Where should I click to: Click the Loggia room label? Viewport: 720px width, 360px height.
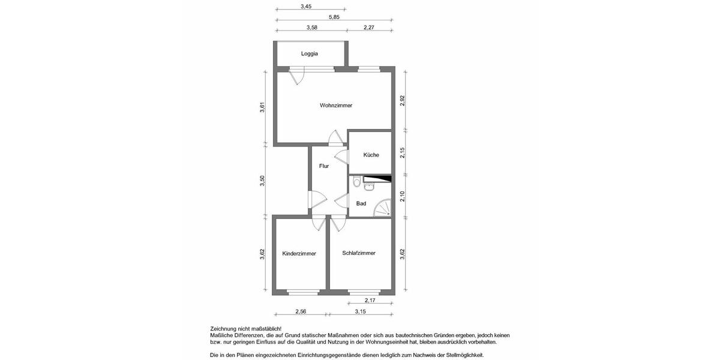(x=310, y=53)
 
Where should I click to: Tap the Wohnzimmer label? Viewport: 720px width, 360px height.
(x=336, y=105)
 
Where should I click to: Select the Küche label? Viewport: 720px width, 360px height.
(x=371, y=155)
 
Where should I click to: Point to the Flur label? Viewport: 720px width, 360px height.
(x=324, y=166)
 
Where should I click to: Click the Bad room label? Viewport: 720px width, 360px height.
(x=361, y=203)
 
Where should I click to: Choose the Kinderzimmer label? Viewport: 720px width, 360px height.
(x=299, y=253)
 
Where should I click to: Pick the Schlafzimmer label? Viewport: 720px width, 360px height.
(x=359, y=253)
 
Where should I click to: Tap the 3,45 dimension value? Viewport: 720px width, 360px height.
(x=306, y=7)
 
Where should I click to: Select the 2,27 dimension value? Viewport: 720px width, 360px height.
(x=370, y=27)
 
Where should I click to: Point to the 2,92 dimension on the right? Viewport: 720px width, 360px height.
(x=403, y=101)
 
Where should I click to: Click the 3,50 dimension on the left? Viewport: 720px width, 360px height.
(x=262, y=181)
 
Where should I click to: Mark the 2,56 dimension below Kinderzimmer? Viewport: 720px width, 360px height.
(x=301, y=311)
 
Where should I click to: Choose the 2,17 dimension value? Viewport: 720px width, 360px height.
(x=371, y=301)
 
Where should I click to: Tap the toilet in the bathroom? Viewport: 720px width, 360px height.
(x=357, y=182)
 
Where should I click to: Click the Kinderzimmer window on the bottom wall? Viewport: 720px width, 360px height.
(x=302, y=293)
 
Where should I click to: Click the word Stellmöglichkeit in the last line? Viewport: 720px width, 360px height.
(x=463, y=355)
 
